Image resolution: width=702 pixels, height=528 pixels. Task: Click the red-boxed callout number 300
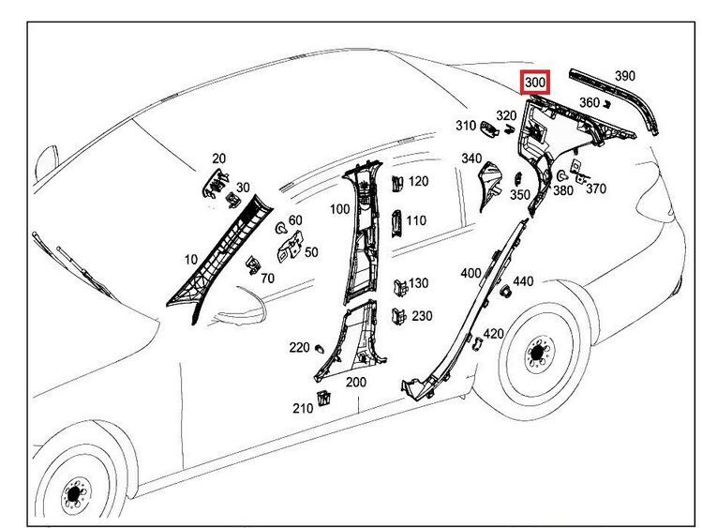click(535, 83)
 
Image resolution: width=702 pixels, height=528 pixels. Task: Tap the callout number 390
click(625, 75)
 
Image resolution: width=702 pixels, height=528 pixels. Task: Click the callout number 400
click(470, 273)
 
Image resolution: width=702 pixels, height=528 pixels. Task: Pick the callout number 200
click(356, 382)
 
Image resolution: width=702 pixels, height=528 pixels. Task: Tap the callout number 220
click(299, 347)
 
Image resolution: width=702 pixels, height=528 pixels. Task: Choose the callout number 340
click(471, 158)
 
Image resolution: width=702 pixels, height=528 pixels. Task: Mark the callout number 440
click(523, 281)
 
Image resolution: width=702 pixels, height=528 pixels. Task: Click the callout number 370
click(595, 189)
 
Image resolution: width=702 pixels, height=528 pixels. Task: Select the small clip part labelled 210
click(324, 398)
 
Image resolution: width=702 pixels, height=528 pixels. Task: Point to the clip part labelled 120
click(396, 182)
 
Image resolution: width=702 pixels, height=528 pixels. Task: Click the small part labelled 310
click(489, 128)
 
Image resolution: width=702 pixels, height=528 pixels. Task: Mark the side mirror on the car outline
click(42, 169)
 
